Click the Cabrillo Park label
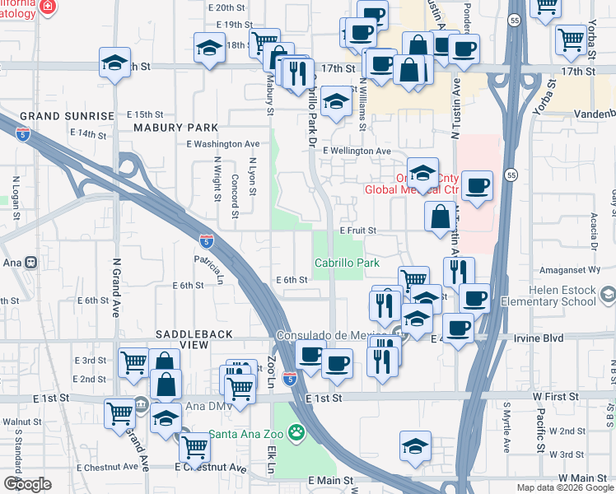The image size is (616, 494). tap(347, 263)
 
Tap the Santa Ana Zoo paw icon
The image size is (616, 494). tap(296, 431)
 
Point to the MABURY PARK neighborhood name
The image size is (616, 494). tap(178, 128)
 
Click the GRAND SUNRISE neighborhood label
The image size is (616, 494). tap(67, 116)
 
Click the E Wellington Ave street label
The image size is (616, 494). tap(357, 151)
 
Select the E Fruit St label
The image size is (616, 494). tap(357, 231)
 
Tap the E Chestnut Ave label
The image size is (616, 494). tap(210, 468)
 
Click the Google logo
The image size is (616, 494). tap(27, 484)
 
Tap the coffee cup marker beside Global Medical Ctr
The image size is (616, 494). tap(477, 185)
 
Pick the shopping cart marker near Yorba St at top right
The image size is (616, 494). tap(570, 38)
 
